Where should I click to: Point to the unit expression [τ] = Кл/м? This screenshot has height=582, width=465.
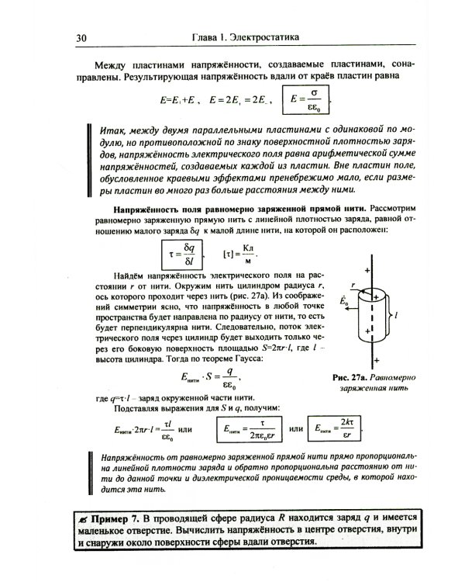(x=239, y=254)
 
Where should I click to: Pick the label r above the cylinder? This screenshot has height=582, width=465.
(x=352, y=285)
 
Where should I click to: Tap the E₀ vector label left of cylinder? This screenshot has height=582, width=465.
(x=344, y=298)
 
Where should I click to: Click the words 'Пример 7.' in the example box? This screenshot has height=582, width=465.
(x=117, y=517)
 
